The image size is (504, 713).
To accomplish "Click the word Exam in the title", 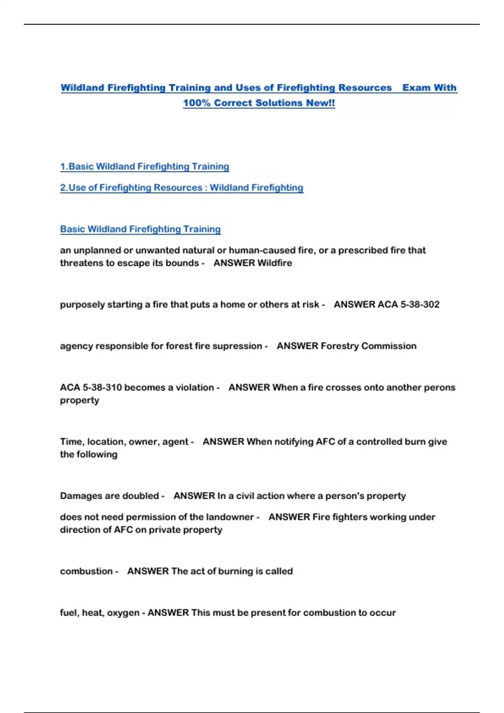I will (417, 88).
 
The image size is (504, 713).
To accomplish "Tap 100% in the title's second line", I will (197, 103).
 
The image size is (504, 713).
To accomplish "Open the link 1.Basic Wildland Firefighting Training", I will (144, 167).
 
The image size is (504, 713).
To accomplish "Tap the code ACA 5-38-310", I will (91, 388).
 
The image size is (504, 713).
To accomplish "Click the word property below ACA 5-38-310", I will (79, 400).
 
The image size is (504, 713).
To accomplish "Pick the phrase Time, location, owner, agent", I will (124, 442).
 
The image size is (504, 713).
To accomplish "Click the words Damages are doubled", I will (109, 496).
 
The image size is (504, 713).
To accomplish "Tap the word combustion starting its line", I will (86, 571).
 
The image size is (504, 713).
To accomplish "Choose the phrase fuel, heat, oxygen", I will (100, 613).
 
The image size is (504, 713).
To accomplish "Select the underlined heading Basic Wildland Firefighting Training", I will (140, 229).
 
